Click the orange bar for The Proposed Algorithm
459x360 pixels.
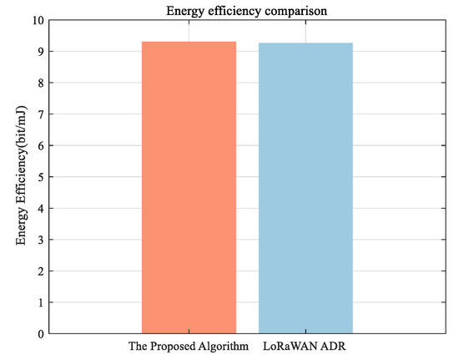pyautogui.click(x=189, y=187)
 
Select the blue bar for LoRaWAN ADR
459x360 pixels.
pyautogui.click(x=305, y=188)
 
